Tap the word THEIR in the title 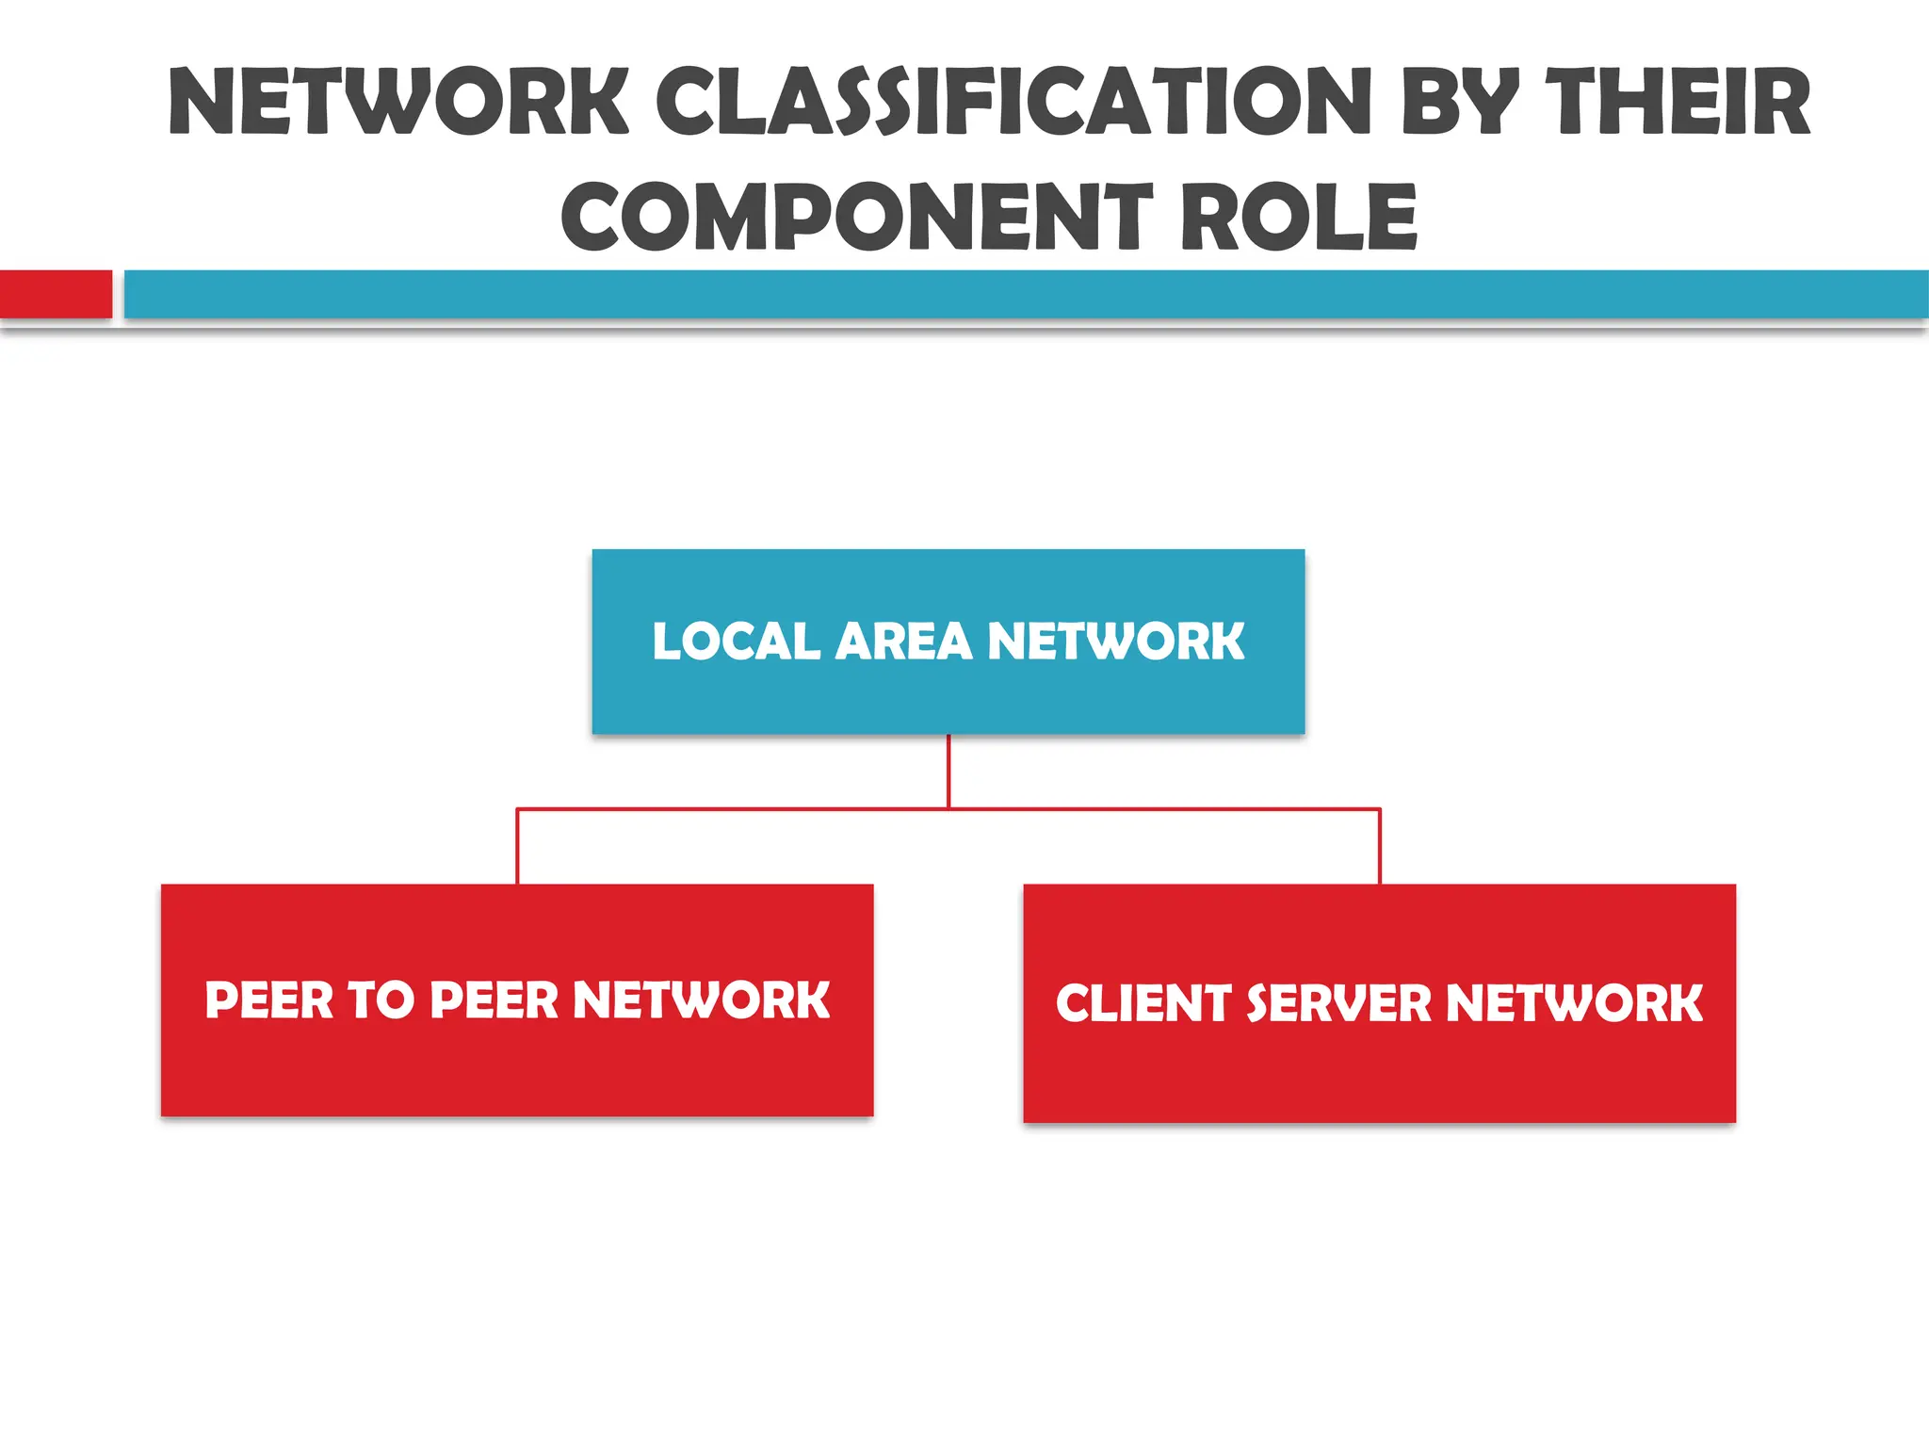(x=1678, y=102)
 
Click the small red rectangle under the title (x=56, y=294)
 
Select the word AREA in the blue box (x=903, y=642)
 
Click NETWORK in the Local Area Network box (x=1115, y=642)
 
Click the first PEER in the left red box (x=269, y=1000)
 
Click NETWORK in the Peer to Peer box (x=701, y=1000)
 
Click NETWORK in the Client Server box (x=1574, y=1002)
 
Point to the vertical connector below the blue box (x=948, y=771)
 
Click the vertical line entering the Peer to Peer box (x=517, y=846)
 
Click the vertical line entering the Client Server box (x=1380, y=846)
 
